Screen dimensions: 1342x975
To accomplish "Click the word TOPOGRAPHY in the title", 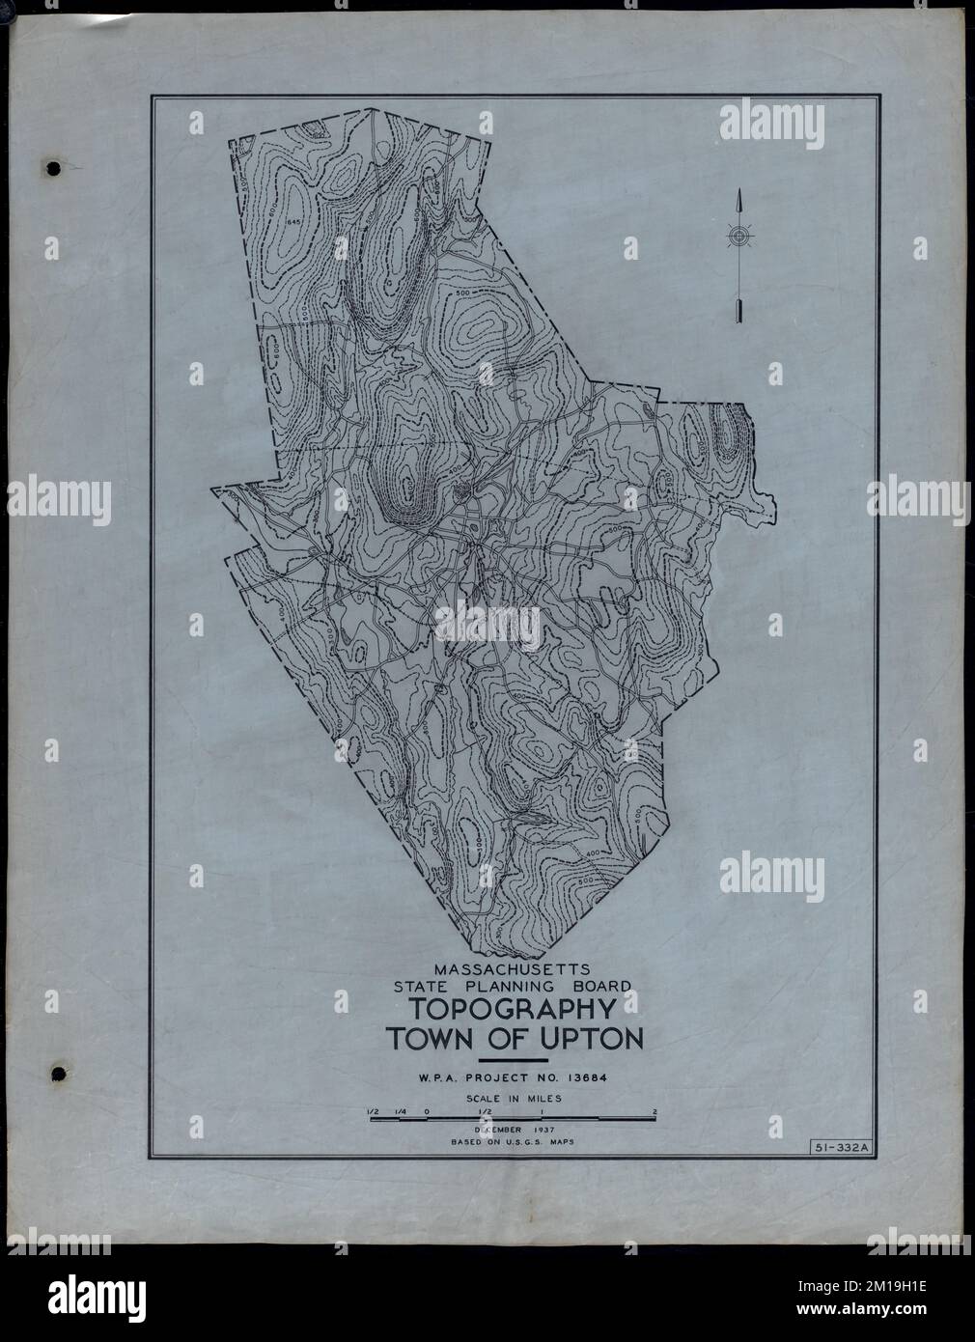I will (x=514, y=1011).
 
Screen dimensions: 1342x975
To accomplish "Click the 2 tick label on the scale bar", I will (x=655, y=1112).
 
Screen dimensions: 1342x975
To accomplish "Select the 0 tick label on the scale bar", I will (x=427, y=1112).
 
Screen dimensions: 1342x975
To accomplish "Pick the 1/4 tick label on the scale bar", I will (x=400, y=1112).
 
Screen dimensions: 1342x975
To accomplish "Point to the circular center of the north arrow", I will (x=738, y=235).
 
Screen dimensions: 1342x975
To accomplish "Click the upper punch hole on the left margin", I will (x=54, y=168).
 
